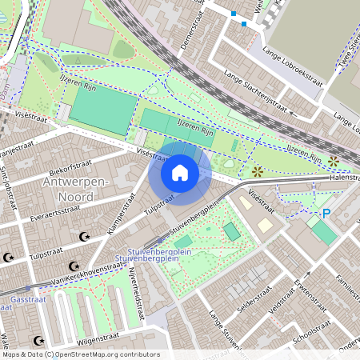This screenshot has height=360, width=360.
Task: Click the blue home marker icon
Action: [x=180, y=173]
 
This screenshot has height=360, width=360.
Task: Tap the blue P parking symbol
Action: [x=326, y=214]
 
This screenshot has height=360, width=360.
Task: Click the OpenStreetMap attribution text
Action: [x=81, y=354]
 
